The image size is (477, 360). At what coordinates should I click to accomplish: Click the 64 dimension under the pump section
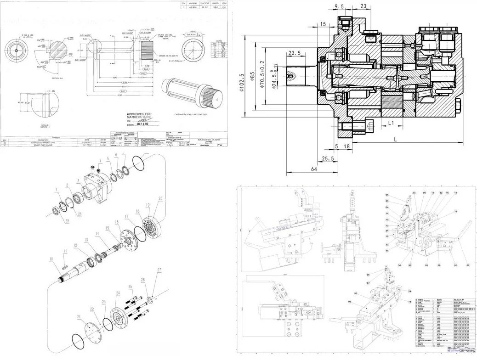click(x=314, y=169)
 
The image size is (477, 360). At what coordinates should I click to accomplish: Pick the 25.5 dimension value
click(x=328, y=158)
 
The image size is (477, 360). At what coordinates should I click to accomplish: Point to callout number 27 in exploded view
click(x=159, y=270)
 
